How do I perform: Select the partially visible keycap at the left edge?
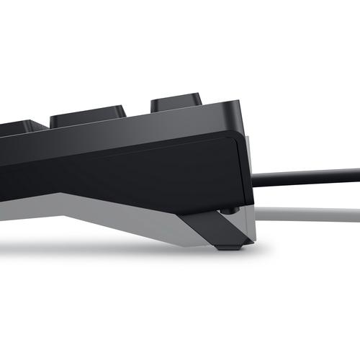pyautogui.click(x=17, y=128)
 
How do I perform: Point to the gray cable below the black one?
pyautogui.click(x=310, y=213)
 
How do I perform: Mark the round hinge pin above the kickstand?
pyautogui.click(x=228, y=210)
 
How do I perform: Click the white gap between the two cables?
pyautogui.click(x=310, y=194)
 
